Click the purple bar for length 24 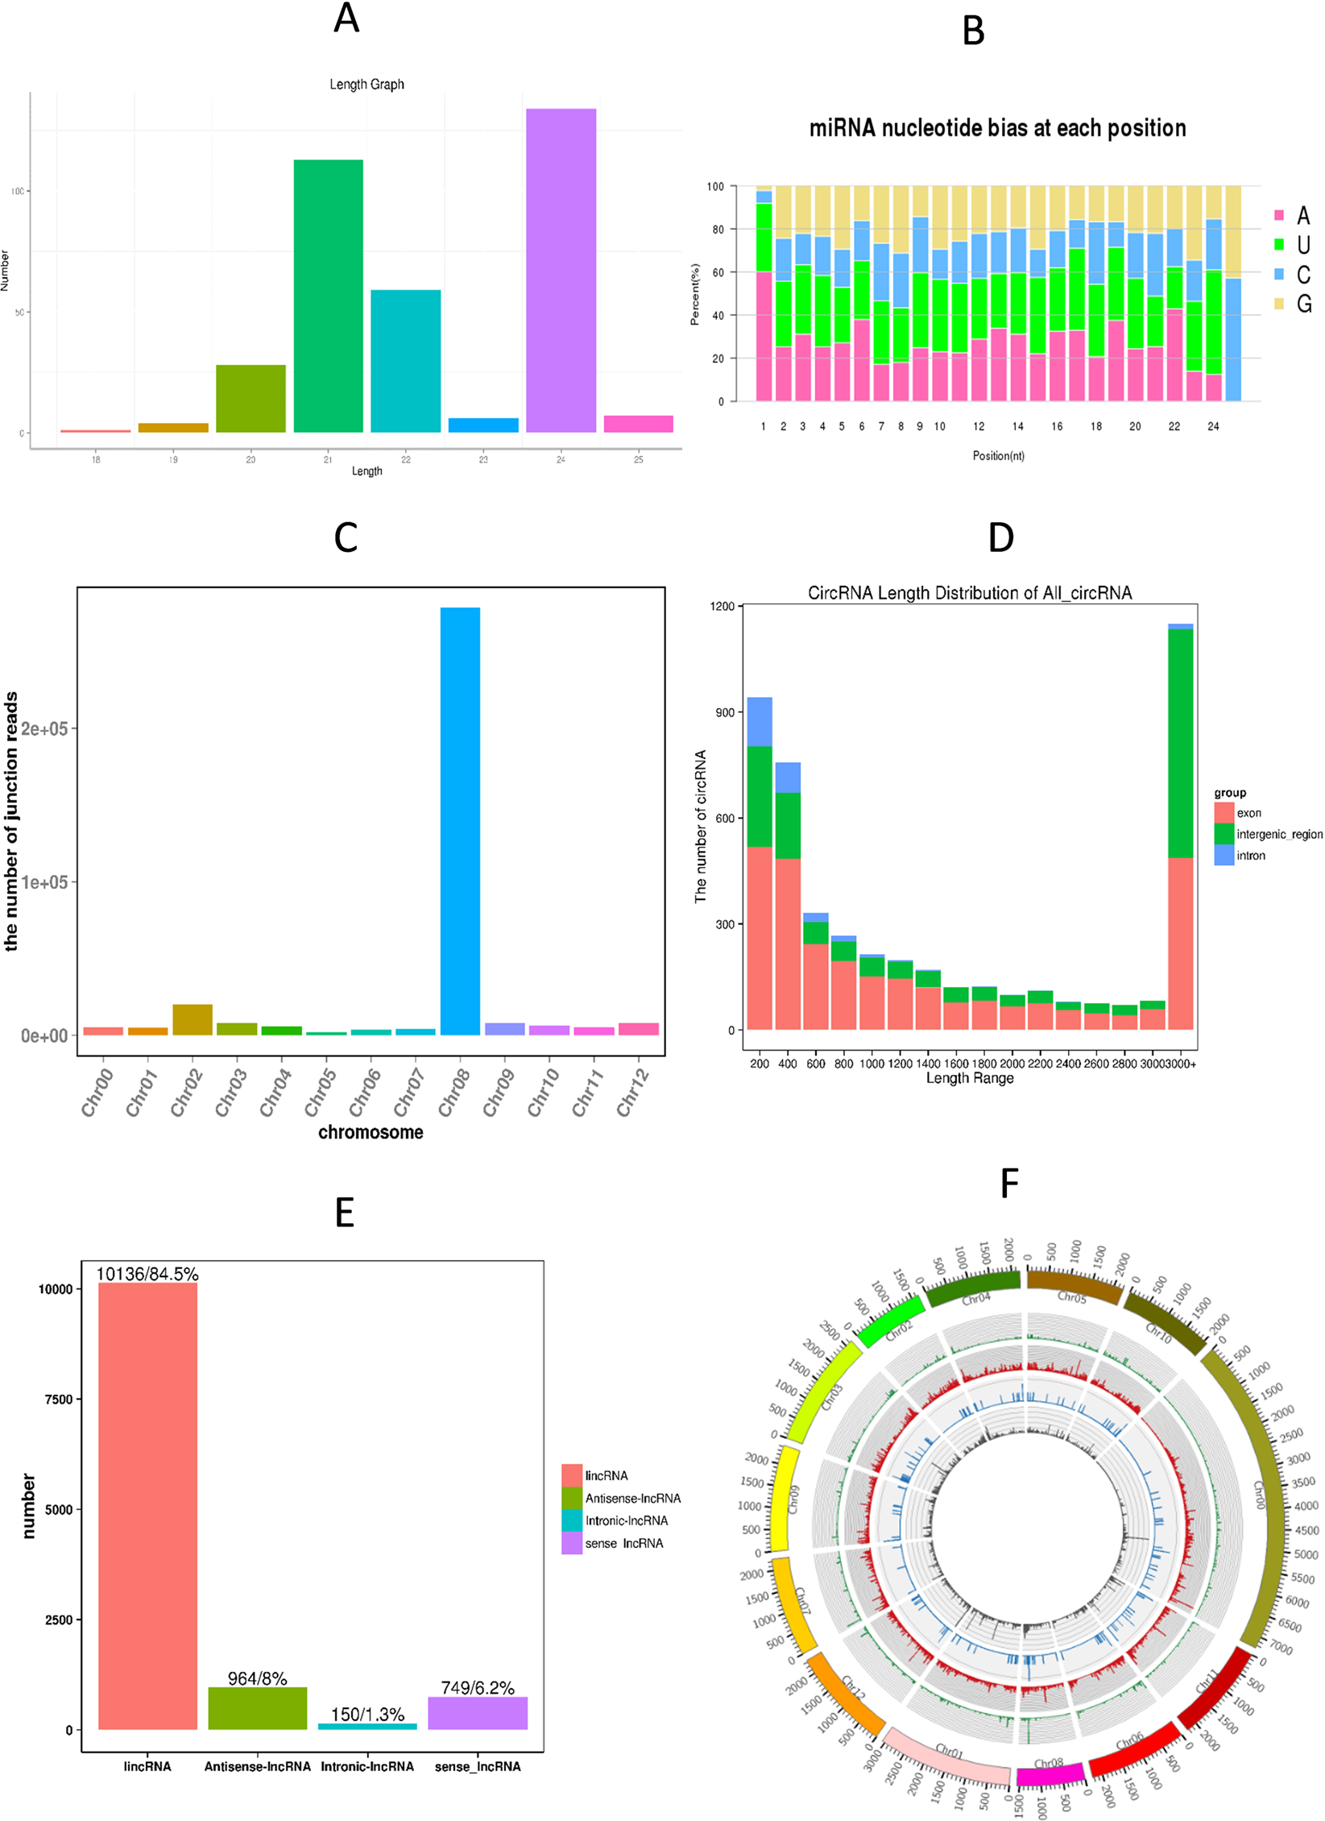[x=561, y=270]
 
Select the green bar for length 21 [x=328, y=296]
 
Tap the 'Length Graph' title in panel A [x=366, y=84]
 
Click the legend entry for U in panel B [x=1294, y=245]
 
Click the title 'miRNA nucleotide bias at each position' [x=997, y=128]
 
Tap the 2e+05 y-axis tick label [x=44, y=728]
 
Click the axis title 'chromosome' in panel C [x=371, y=1132]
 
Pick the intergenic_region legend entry [x=1269, y=834]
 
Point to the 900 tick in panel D [x=724, y=712]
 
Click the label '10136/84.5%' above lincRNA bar [x=147, y=1274]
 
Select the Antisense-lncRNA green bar [x=258, y=1707]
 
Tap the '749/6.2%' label [x=478, y=1687]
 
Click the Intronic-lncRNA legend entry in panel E [x=616, y=1520]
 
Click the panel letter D [x=1000, y=537]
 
